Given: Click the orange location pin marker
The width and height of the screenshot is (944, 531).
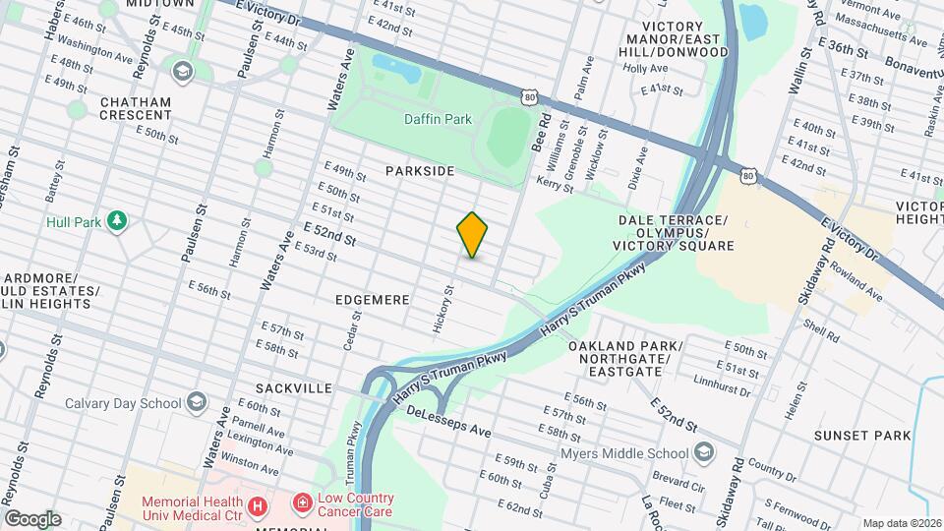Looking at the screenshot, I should (x=473, y=235).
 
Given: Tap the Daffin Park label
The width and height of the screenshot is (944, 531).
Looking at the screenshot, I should (x=439, y=119).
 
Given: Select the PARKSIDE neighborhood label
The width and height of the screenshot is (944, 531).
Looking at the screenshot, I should (x=420, y=171).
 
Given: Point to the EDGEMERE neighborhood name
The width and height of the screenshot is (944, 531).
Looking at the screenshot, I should (x=372, y=299).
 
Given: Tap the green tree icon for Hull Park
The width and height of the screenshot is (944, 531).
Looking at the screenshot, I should (x=117, y=219).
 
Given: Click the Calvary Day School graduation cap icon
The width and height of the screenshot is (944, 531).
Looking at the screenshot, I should (x=197, y=402).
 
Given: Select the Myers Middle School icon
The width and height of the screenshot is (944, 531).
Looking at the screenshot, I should (x=703, y=452).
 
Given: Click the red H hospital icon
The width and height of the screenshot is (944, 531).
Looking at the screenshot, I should (x=258, y=505).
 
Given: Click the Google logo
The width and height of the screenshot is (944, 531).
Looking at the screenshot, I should (x=32, y=518).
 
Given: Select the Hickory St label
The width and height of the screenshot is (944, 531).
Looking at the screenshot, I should (x=442, y=308).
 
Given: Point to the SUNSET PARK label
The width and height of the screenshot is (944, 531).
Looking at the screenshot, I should (x=862, y=435).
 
